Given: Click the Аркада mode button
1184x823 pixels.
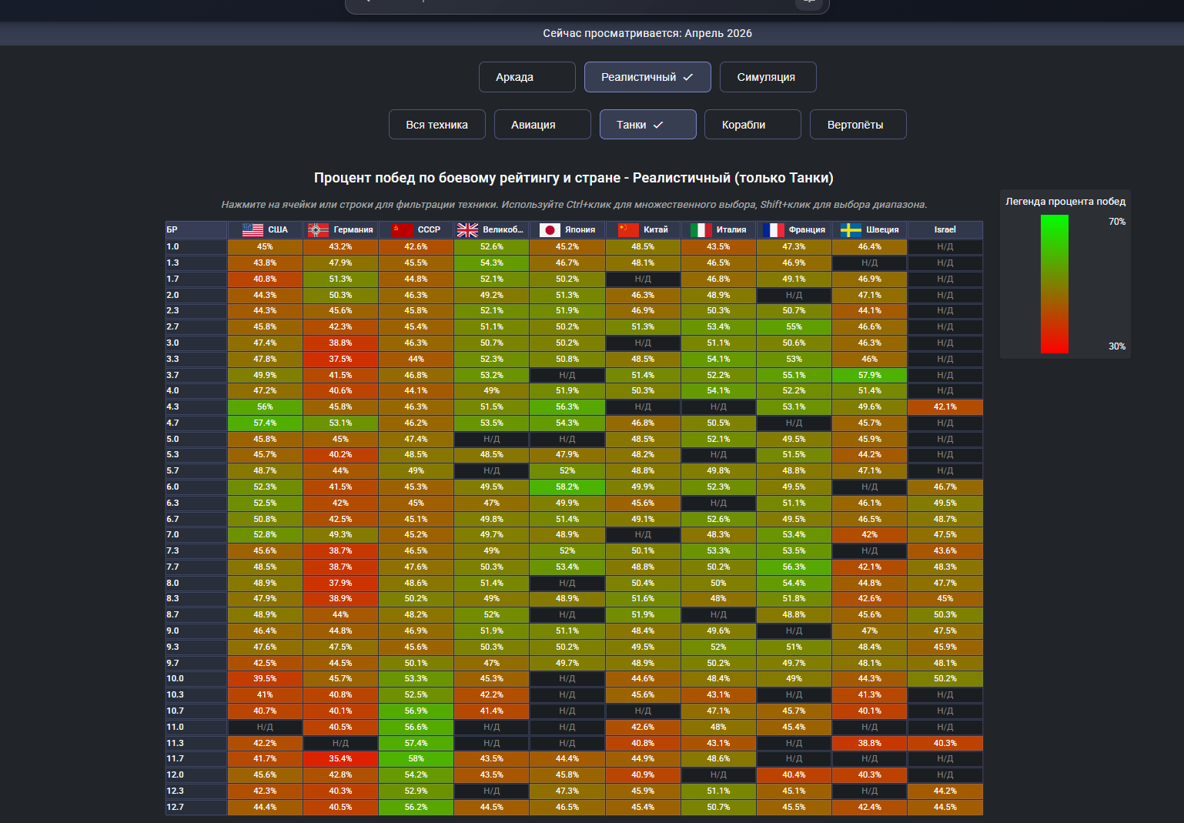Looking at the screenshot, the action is [527, 77].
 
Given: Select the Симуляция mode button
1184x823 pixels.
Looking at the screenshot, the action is [768, 77].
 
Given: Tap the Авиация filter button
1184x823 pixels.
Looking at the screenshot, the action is [542, 125].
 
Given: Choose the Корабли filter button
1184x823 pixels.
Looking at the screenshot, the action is [753, 125].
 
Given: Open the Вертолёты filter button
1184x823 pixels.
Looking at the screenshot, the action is [858, 125].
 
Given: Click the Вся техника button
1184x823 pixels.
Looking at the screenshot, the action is [437, 125].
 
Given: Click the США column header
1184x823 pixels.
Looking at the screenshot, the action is [265, 229].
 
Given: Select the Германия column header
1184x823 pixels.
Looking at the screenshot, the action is [340, 229].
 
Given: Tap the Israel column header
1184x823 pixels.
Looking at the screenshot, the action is [945, 229].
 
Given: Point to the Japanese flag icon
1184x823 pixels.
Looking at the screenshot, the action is [550, 230].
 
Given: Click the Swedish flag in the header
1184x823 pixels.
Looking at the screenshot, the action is [851, 230].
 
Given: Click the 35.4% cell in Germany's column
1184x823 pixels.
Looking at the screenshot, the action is [340, 759].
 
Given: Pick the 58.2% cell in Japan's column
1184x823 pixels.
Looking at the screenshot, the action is [567, 487].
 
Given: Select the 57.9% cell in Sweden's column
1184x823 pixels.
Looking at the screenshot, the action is [869, 375].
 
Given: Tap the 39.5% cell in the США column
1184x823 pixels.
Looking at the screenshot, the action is [265, 679].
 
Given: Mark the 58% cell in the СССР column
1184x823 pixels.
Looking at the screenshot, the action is [416, 759].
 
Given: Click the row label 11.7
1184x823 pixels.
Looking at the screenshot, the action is [175, 759].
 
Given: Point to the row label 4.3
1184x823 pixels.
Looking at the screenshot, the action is [173, 407].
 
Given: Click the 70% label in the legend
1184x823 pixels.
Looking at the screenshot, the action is [1117, 222].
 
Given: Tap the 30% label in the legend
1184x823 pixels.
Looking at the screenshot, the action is [1117, 346].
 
